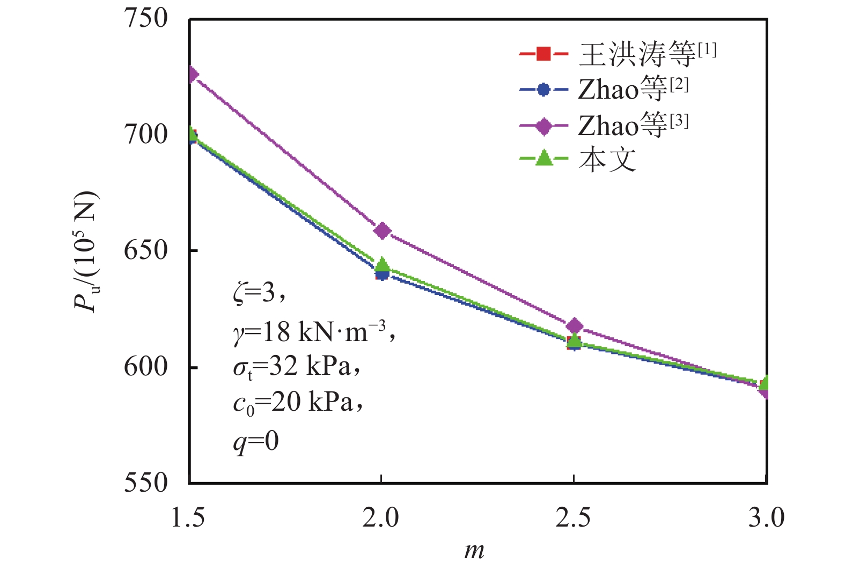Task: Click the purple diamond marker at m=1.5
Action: (192, 75)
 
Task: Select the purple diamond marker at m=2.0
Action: (382, 231)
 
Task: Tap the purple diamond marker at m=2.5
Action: (574, 326)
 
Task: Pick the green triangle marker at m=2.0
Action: (382, 264)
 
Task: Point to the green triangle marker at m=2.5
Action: (574, 340)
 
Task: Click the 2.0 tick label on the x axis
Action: (381, 518)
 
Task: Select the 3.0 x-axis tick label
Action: (766, 518)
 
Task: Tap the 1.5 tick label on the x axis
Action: (188, 518)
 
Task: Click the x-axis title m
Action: (474, 551)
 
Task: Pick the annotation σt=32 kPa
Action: (296, 367)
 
